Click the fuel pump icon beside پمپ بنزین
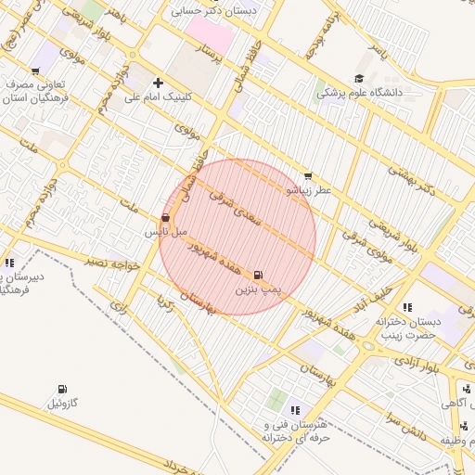(x=258, y=275)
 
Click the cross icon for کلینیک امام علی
(x=159, y=83)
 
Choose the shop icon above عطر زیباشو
(x=308, y=175)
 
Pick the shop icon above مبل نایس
(x=165, y=218)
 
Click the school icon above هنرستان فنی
(x=295, y=410)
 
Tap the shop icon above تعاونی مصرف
(x=35, y=71)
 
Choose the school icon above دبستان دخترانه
(x=406, y=307)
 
